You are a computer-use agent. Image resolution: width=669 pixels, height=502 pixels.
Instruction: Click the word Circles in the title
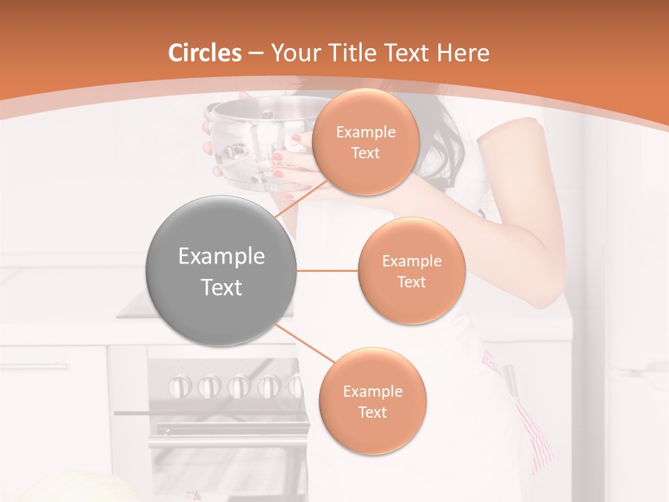(205, 53)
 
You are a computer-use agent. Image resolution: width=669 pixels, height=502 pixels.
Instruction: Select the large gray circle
(222, 271)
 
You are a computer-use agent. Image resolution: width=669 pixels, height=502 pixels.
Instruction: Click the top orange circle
(365, 142)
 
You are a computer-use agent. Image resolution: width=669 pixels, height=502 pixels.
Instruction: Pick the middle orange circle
(411, 271)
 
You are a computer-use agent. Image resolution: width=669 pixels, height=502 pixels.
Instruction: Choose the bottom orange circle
(372, 402)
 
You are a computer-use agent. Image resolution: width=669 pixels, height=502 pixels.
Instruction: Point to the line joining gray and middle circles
(327, 271)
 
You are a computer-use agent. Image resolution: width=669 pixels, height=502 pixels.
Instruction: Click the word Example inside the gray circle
(222, 257)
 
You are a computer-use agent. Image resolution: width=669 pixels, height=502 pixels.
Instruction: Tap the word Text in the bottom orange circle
(372, 412)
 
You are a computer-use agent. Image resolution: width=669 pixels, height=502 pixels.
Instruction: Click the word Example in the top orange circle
(365, 132)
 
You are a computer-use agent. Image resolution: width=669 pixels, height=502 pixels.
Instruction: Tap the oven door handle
(209, 413)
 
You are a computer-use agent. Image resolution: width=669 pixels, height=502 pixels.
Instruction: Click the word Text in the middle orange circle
(411, 282)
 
